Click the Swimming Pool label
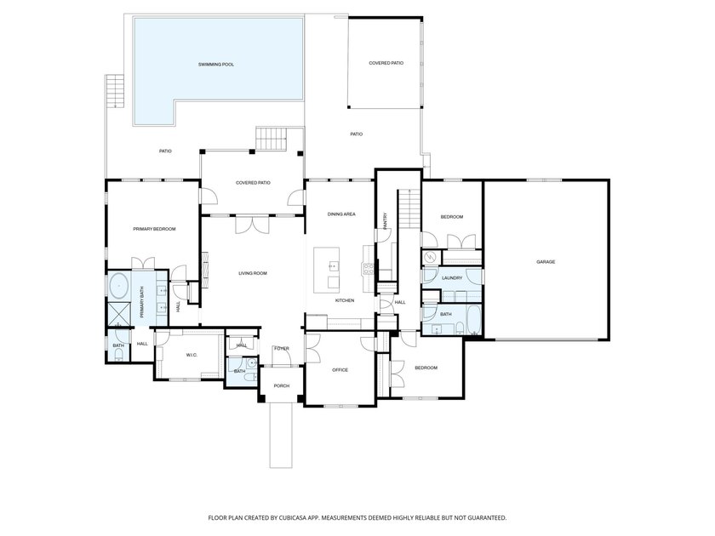coord(216,65)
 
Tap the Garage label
coord(546,262)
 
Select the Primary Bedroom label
coord(154,229)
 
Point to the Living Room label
coord(253,273)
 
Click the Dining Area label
coord(341,214)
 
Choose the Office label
coord(340,370)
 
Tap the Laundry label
coord(452,278)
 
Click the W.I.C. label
coord(192,355)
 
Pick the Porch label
coord(282,386)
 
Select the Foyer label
coord(282,349)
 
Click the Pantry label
coord(386,221)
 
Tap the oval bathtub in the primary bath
coord(120,286)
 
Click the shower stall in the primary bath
coord(119,315)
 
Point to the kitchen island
coord(327,271)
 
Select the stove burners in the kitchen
coord(368,269)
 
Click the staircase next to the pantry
coord(409,208)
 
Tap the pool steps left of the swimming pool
coord(115,91)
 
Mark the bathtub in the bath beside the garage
coord(473,319)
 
